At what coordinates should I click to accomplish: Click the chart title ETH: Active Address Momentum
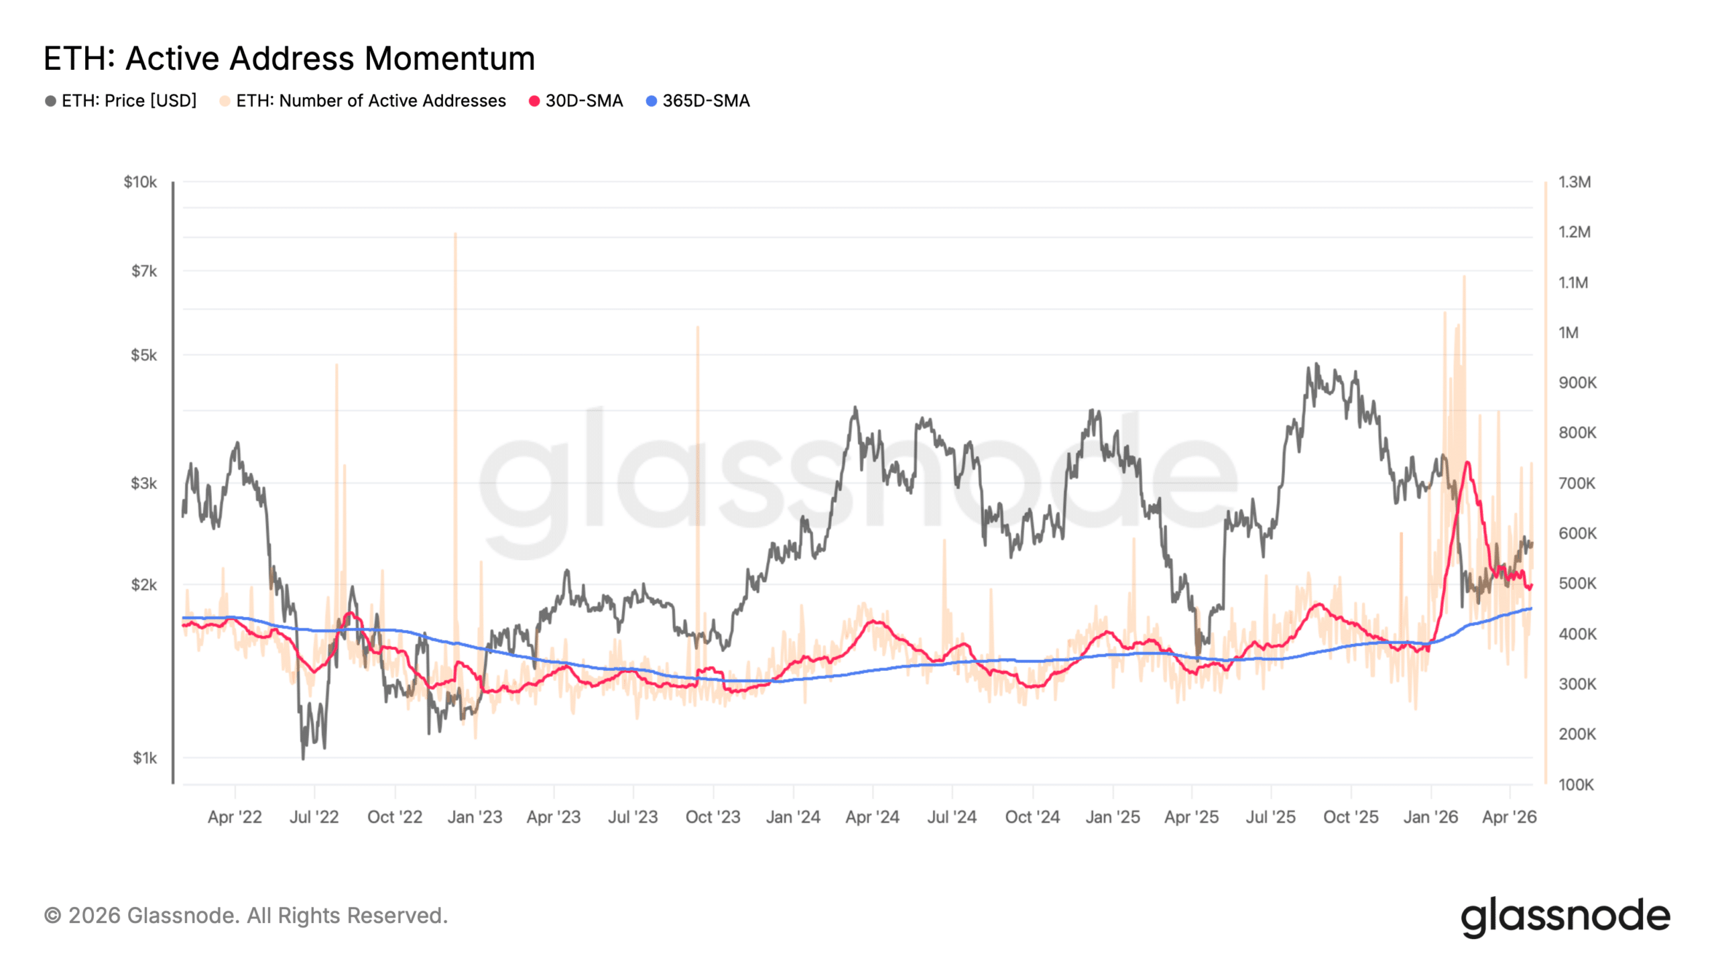click(289, 58)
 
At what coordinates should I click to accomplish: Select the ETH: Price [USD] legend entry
click(121, 101)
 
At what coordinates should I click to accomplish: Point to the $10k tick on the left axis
click(140, 182)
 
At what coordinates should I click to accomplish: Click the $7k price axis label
click(143, 271)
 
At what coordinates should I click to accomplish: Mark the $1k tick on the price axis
click(144, 758)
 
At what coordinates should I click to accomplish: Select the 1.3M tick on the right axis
click(1574, 182)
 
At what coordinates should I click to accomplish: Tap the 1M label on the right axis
click(1568, 333)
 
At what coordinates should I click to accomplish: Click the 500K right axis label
click(1577, 584)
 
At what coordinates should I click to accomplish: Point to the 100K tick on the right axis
click(1576, 784)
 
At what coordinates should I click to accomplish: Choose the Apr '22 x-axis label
click(235, 817)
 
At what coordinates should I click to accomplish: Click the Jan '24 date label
click(793, 817)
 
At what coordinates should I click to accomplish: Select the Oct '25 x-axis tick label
click(1350, 817)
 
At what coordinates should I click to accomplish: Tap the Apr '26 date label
click(1509, 817)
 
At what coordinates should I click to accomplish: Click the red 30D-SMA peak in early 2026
click(1467, 463)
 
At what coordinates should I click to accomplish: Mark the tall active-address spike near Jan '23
click(455, 235)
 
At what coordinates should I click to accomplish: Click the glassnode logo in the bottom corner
click(1565, 916)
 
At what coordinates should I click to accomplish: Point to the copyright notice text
click(245, 916)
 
